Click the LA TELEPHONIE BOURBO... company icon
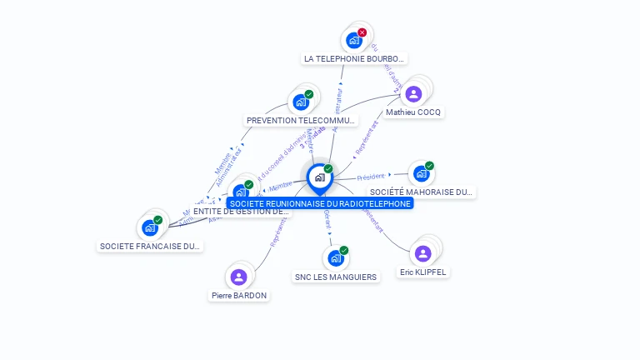pos(354,40)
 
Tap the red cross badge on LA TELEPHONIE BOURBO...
pos(362,32)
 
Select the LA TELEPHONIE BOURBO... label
pos(354,59)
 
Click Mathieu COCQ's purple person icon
pos(414,94)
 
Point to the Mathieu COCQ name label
pos(414,112)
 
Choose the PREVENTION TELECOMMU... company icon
pos(300,102)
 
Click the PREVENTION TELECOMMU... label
pos(301,121)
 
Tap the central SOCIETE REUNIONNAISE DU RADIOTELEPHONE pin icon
pos(319,177)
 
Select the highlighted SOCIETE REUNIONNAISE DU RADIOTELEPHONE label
pos(320,203)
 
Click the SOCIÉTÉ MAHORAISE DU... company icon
pos(421,173)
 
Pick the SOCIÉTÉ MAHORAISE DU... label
pos(422,192)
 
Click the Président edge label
pos(371,177)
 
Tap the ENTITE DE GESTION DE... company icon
pos(241,192)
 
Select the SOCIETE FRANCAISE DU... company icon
pos(150,227)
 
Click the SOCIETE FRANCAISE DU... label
pos(150,247)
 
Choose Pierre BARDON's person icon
pos(239,277)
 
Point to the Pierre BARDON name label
pos(239,296)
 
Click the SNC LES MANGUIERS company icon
pos(335,258)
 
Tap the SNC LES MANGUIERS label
pos(336,277)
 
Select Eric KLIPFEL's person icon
pos(423,253)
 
